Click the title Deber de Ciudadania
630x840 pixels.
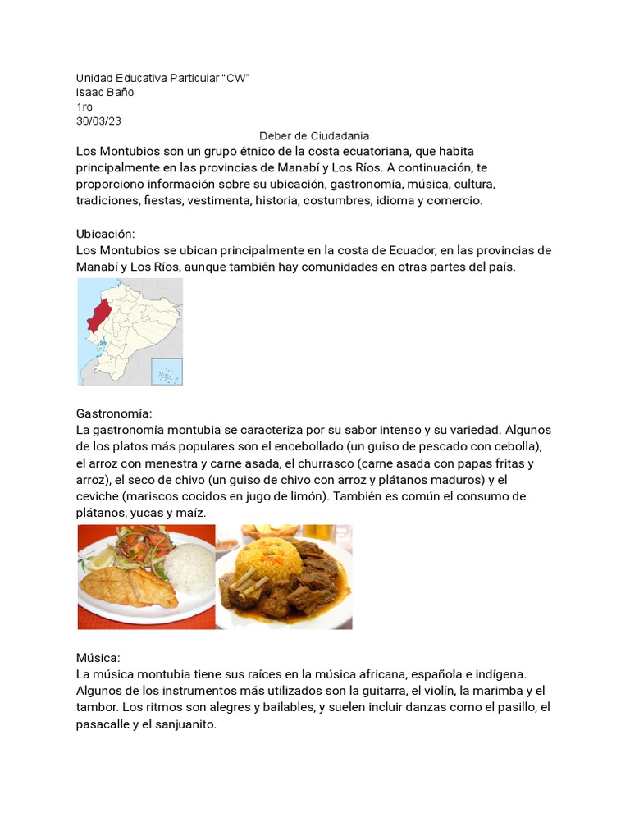point(314,136)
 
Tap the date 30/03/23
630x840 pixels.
point(98,121)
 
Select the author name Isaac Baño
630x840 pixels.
point(105,92)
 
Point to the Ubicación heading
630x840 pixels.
point(105,234)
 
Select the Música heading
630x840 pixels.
point(98,658)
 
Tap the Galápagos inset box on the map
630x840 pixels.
point(167,371)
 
